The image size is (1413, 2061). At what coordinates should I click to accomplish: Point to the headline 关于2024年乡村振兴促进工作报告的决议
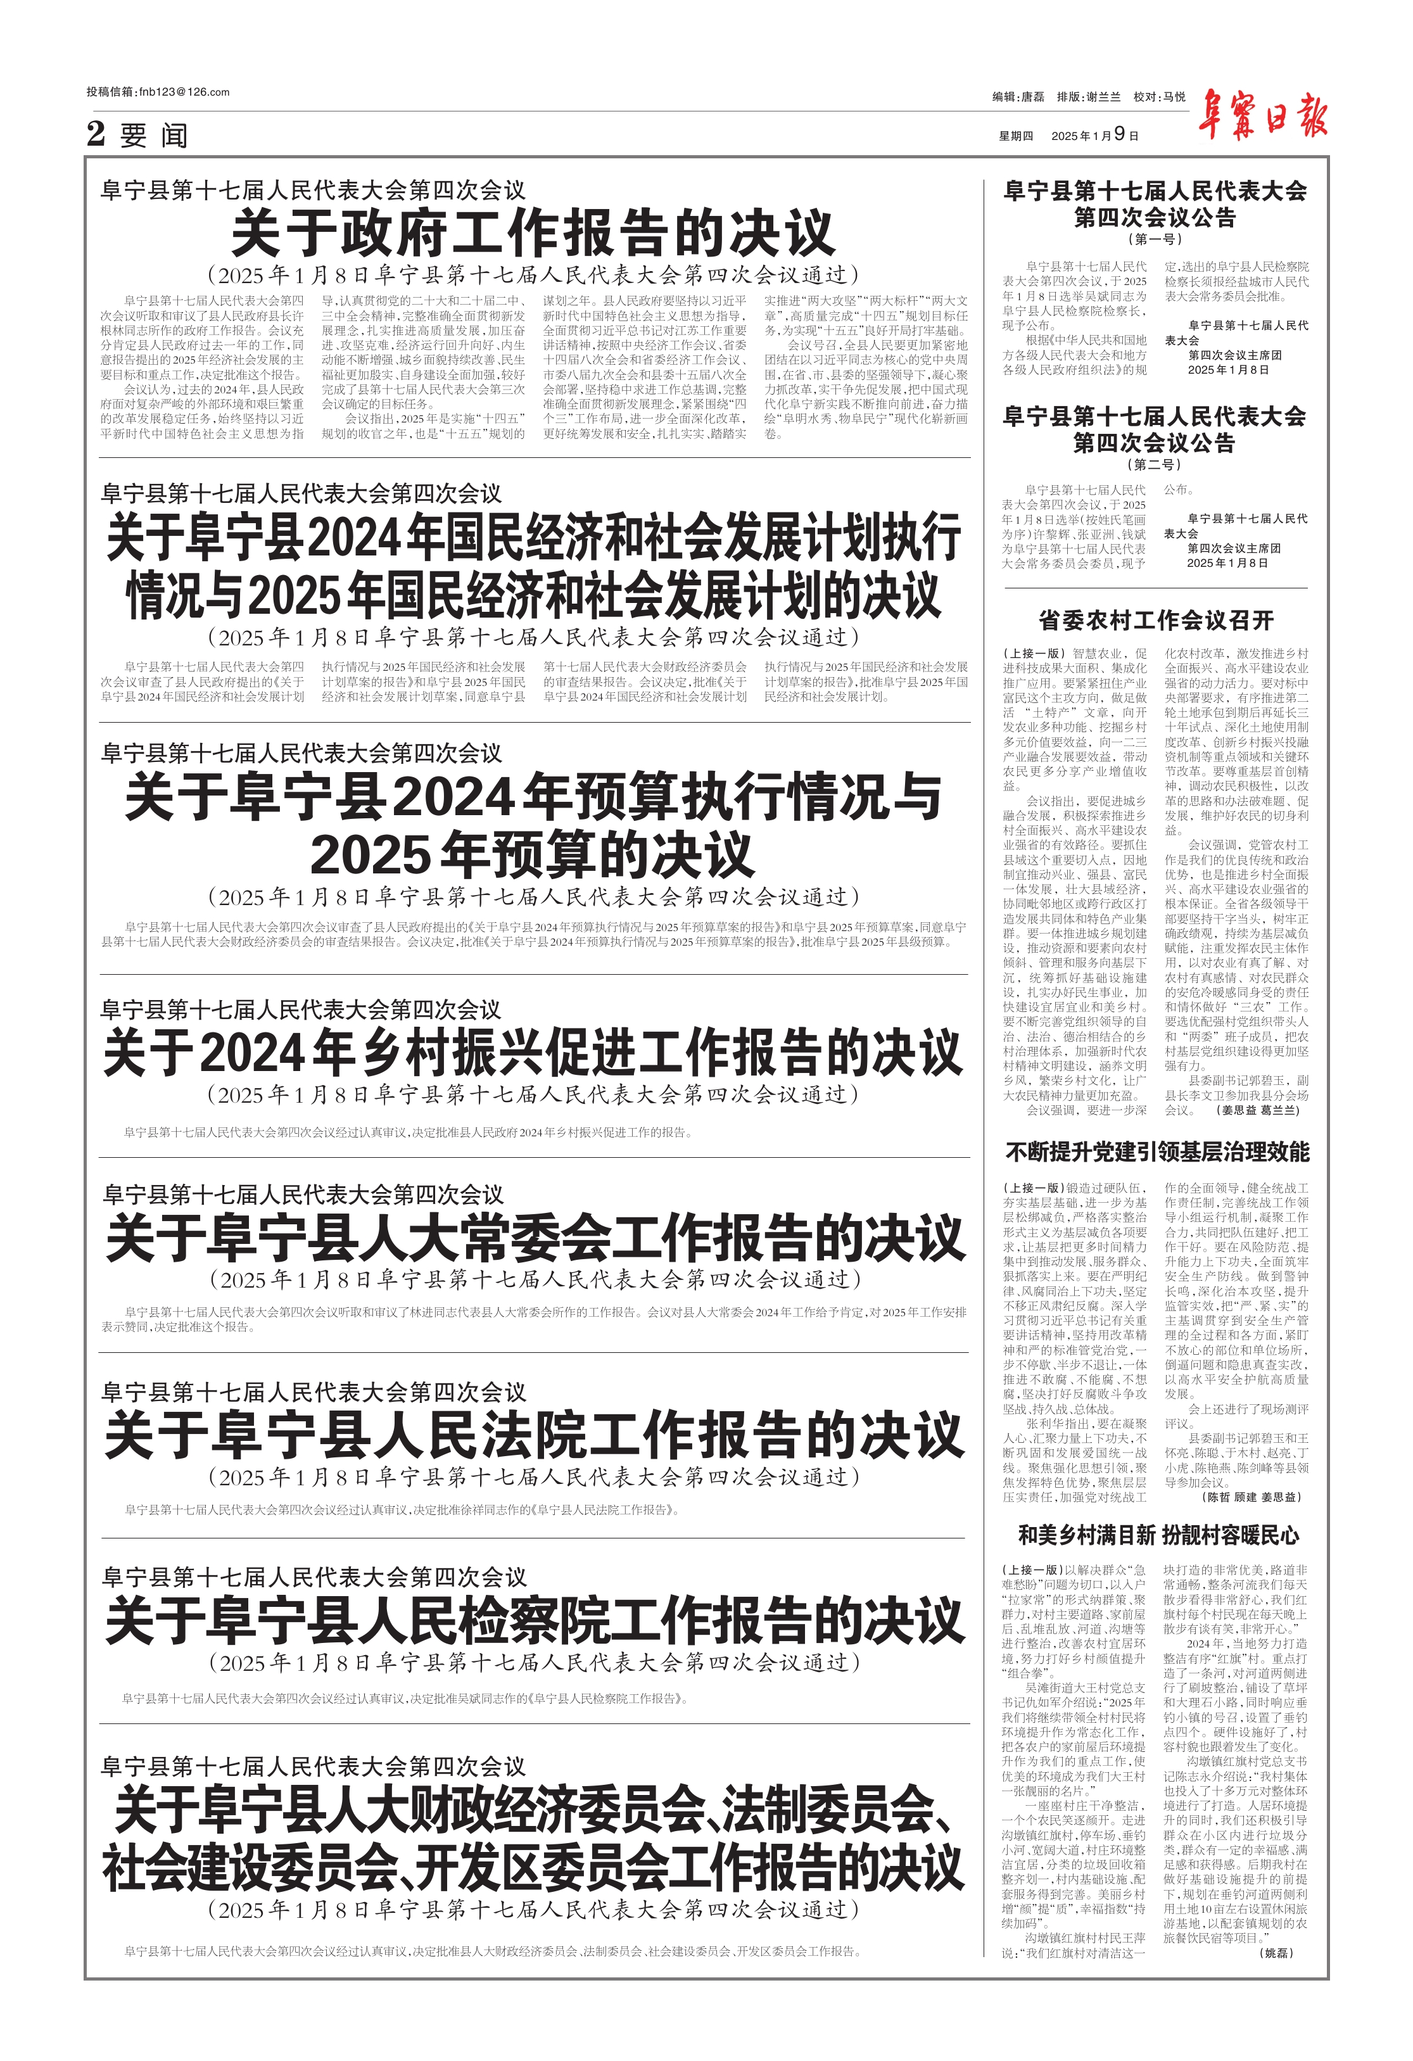[x=533, y=1053]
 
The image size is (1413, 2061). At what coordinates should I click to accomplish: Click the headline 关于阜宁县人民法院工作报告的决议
[x=533, y=1436]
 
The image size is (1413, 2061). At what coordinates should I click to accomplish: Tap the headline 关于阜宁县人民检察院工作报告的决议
[x=533, y=1620]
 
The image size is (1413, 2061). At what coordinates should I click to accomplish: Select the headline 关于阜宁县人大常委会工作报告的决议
[x=533, y=1238]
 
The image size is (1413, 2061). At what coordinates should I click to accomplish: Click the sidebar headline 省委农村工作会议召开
[x=1155, y=620]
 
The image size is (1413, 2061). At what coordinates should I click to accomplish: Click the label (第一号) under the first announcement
[x=1154, y=239]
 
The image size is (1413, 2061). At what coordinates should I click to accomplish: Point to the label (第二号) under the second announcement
[x=1154, y=465]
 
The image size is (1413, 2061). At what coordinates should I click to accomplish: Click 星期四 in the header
[x=1016, y=136]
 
